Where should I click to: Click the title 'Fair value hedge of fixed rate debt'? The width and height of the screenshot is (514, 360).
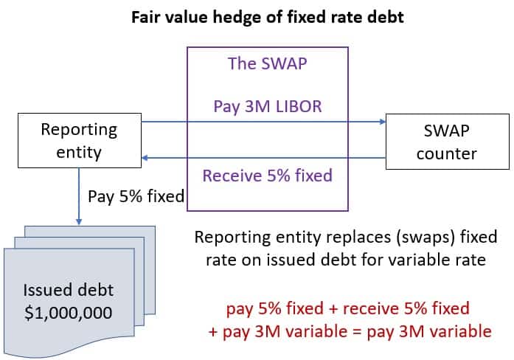tap(268, 17)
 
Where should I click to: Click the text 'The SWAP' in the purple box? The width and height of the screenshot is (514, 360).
tap(268, 64)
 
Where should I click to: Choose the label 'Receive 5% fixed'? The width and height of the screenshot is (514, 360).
tap(268, 176)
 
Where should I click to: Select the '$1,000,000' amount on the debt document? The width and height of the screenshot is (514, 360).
tap(68, 312)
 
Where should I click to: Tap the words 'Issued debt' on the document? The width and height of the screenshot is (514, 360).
tap(68, 288)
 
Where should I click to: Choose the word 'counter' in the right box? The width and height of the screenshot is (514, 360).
tap(445, 154)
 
